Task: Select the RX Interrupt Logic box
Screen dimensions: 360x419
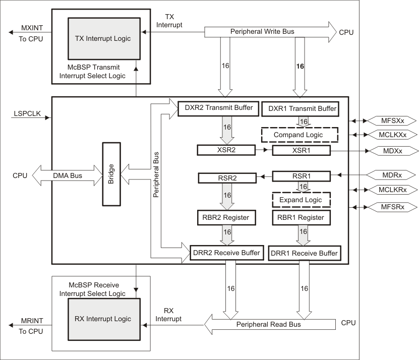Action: coord(102,319)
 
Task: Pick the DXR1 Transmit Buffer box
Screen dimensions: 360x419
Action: coord(300,108)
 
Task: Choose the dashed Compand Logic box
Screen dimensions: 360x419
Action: coord(299,135)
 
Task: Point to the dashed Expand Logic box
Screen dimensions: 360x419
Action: coord(301,200)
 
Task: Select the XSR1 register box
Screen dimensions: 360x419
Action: coord(301,150)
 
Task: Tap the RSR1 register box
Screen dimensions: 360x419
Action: coord(301,176)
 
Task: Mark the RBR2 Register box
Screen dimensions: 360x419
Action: coord(226,217)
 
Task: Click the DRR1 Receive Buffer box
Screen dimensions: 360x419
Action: coord(304,253)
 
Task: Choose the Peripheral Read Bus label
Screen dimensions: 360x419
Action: coord(269,324)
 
